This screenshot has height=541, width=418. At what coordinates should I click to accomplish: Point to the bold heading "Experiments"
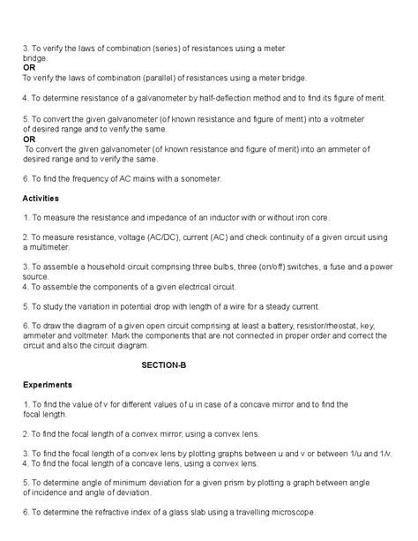coord(47,385)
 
